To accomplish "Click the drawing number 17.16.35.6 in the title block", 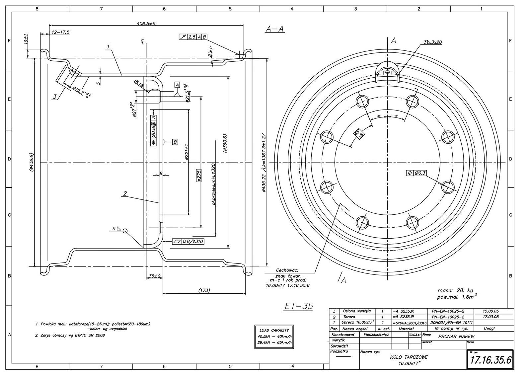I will tap(490, 360).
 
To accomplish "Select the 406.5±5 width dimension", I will tap(146, 24).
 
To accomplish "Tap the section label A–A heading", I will tap(274, 29).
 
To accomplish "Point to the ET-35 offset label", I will tap(299, 306).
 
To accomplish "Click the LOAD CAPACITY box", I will tap(274, 337).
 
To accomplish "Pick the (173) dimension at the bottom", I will tap(204, 290).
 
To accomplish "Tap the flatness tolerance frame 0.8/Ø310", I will tap(188, 241).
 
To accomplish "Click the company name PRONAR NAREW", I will tap(456, 336).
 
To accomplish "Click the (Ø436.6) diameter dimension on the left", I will tap(32, 162).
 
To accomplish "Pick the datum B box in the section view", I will tap(175, 142).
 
